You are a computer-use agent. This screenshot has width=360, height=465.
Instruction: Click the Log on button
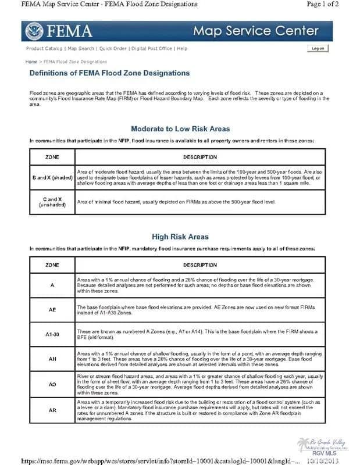[318, 48]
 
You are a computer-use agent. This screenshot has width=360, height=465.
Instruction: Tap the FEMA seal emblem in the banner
[34, 31]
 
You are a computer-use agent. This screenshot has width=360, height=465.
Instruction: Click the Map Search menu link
[81, 48]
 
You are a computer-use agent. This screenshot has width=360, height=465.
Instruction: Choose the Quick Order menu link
[113, 48]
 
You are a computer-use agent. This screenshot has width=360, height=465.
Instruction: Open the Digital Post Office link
[152, 48]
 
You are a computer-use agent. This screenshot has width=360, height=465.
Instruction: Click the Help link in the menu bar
[182, 48]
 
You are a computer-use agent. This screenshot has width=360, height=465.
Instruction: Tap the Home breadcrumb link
[31, 61]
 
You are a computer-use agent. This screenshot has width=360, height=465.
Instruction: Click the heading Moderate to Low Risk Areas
[180, 128]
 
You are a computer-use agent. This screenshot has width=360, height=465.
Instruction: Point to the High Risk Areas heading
[180, 237]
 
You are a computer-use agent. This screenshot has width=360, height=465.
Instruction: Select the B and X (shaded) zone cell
[52, 177]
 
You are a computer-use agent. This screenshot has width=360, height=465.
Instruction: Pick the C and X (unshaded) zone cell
[52, 202]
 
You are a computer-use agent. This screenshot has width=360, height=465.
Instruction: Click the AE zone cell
[52, 310]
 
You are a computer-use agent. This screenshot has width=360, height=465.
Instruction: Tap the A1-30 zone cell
[52, 334]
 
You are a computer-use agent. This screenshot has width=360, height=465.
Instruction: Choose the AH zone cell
[52, 359]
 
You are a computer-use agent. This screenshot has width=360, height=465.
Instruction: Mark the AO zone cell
[52, 385]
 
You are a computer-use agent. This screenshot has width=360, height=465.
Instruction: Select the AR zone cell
[52, 410]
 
